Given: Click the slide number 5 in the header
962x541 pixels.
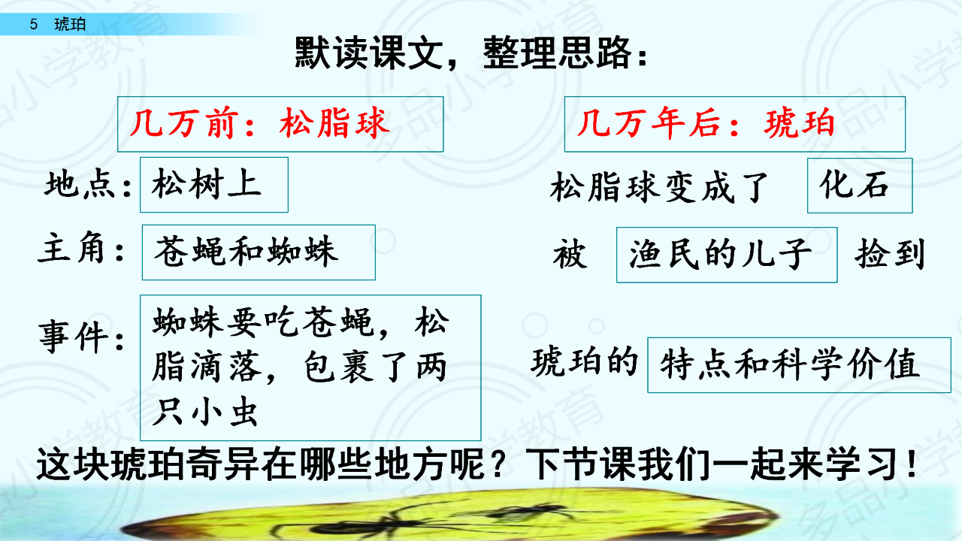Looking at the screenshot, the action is click(34, 25).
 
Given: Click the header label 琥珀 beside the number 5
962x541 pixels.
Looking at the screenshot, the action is click(70, 25).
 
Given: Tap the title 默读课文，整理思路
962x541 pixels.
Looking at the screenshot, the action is click(471, 53).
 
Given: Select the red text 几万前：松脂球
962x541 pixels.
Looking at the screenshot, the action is click(260, 123).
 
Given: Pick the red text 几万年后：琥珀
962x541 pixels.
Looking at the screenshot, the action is click(706, 124).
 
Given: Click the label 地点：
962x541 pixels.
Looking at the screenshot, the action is click(88, 185).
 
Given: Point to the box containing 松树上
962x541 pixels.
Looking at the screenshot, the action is click(214, 185).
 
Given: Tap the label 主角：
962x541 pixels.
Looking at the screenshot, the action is click(82, 249).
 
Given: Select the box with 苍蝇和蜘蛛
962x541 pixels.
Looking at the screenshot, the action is click(259, 252).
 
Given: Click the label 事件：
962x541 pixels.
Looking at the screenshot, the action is click(82, 337).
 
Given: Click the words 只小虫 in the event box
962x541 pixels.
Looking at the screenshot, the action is click(205, 412).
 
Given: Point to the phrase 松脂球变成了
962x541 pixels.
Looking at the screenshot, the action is click(660, 187).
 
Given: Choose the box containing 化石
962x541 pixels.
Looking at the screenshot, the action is click(860, 186).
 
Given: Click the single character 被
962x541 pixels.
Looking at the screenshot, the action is click(570, 254).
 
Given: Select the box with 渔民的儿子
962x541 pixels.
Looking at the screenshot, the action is click(727, 255).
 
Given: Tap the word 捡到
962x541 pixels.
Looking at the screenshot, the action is click(889, 254).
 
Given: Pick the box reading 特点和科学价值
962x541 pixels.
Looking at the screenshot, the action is click(799, 365).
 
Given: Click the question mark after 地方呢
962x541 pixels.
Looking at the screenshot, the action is click(501, 464).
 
